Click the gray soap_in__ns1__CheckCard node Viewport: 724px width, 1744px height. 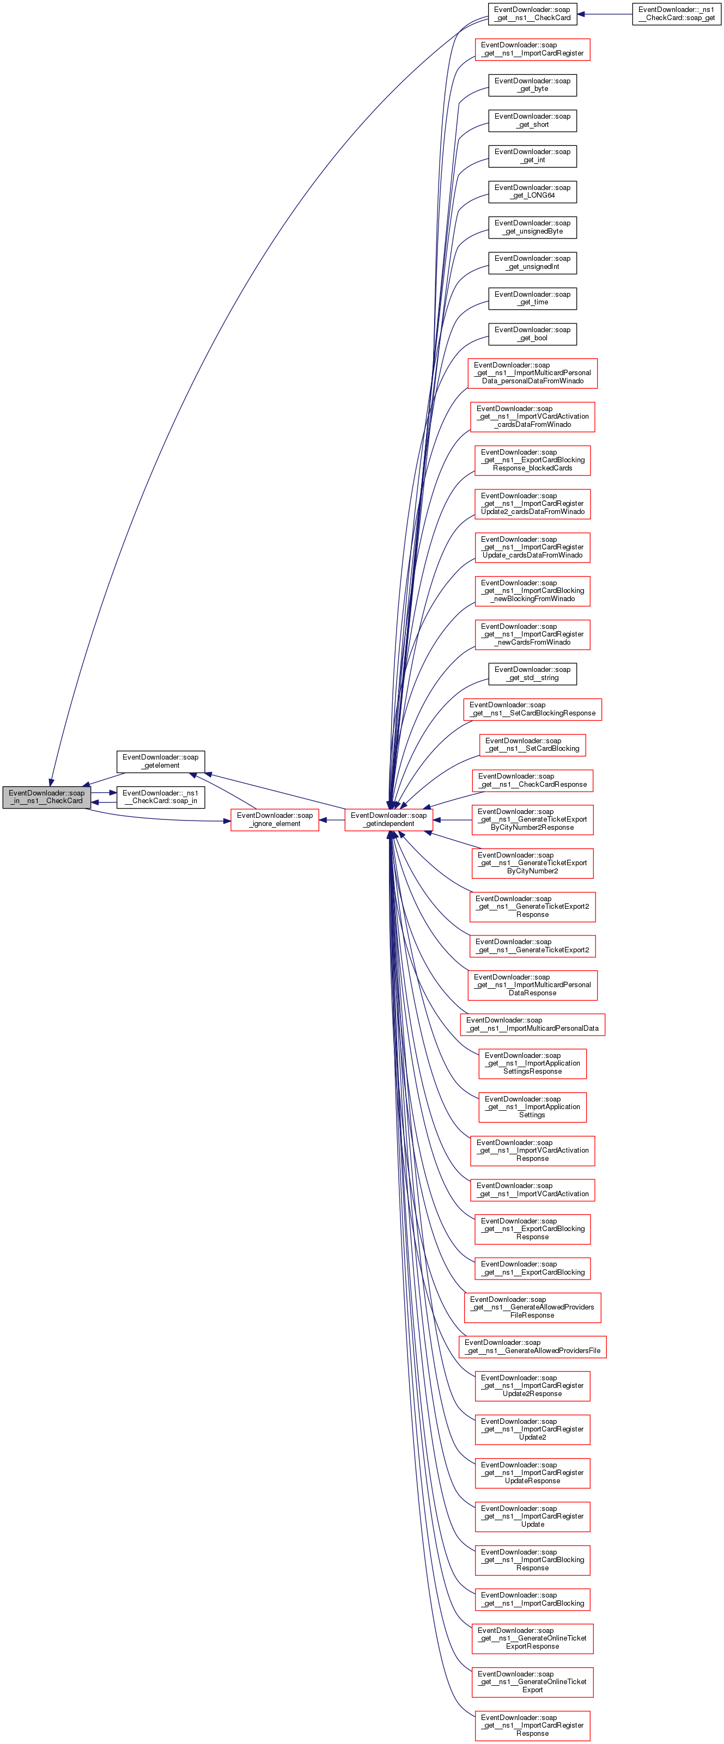[x=47, y=797]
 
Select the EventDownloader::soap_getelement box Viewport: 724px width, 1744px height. [x=161, y=761]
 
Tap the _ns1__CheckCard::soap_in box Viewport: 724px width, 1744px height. [x=161, y=797]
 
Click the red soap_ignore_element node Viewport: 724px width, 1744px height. [x=275, y=819]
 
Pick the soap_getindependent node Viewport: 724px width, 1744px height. [x=389, y=819]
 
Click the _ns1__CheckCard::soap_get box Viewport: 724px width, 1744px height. [x=677, y=14]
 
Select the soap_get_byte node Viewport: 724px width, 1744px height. [x=532, y=84]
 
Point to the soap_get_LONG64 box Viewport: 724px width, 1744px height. [x=532, y=192]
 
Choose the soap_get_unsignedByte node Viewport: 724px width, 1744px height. [x=532, y=227]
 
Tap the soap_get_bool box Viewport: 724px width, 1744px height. [x=532, y=334]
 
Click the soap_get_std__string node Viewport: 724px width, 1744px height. [x=532, y=674]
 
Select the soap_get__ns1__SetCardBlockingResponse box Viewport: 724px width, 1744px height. [x=532, y=709]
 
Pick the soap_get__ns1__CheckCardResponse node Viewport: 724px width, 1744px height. [x=532, y=780]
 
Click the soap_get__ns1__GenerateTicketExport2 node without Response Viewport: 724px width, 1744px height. [x=532, y=946]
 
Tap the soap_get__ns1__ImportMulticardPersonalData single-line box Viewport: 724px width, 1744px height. [x=532, y=1024]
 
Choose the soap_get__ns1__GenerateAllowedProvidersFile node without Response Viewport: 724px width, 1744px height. [x=532, y=1346]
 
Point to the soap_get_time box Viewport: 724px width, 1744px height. [x=532, y=298]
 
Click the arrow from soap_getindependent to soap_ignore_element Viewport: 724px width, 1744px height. [x=332, y=820]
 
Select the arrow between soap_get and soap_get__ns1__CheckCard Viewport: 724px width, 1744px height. [x=605, y=14]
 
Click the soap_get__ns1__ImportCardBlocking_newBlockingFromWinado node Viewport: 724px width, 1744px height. [x=532, y=591]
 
